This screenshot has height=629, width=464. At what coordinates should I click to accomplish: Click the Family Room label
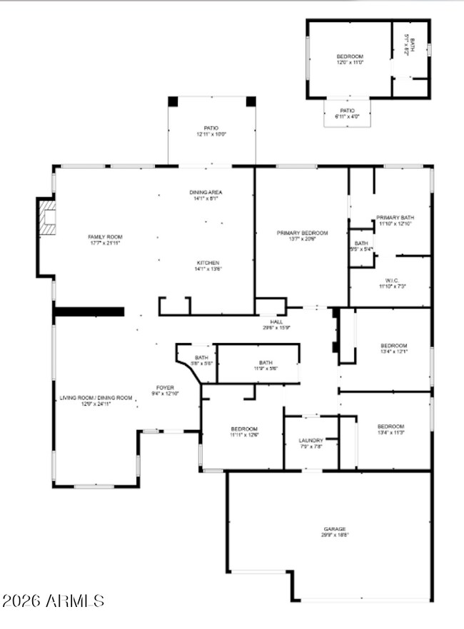click(x=105, y=240)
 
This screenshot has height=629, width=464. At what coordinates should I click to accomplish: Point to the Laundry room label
click(x=311, y=444)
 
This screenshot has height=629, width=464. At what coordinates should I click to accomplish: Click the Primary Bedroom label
click(x=302, y=236)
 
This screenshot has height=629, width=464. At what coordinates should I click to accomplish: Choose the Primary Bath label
click(x=395, y=220)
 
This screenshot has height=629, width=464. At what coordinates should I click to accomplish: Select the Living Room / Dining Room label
click(x=96, y=401)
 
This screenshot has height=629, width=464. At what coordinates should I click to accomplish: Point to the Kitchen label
click(x=207, y=265)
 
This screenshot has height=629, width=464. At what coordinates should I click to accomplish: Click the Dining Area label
click(x=206, y=195)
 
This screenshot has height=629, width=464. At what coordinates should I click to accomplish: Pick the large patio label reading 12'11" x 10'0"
click(x=211, y=131)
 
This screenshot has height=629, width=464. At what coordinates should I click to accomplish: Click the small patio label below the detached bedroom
click(x=347, y=113)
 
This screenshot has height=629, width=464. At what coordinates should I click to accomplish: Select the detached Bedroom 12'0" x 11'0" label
click(x=350, y=59)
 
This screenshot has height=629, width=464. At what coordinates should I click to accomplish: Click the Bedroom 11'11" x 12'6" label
click(x=243, y=431)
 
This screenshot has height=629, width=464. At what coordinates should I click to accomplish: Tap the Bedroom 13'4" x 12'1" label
click(x=395, y=349)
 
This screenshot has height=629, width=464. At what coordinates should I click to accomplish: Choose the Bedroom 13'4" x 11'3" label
click(x=391, y=429)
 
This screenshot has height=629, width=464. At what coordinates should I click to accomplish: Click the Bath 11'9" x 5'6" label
click(x=265, y=365)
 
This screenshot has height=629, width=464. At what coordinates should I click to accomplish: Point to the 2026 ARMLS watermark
click(x=53, y=601)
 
